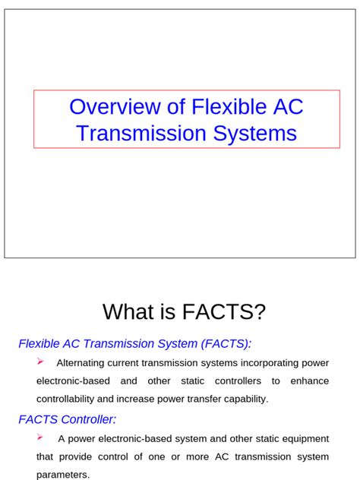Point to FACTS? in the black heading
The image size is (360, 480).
225,311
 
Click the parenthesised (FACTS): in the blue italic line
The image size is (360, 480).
224,344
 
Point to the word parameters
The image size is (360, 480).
63,475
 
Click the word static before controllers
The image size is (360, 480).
188,381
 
